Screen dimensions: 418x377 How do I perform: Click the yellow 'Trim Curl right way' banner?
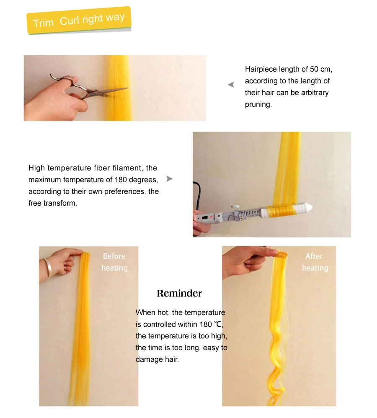pos(79,20)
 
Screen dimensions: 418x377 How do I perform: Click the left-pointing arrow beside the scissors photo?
pos(231,85)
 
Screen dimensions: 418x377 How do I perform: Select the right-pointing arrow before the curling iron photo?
pos(169,179)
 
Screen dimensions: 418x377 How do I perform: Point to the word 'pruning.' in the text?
pos(258,104)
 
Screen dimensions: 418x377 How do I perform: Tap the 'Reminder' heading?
pos(179,293)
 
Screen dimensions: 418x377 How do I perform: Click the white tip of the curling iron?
pos(309,206)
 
